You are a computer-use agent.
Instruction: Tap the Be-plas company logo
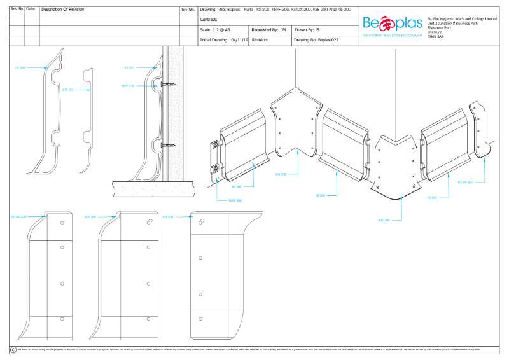pos(393,24)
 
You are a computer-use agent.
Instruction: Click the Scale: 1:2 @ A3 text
pos(215,30)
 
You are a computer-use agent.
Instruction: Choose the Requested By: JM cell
pos(269,30)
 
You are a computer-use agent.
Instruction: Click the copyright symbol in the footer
pos(13,349)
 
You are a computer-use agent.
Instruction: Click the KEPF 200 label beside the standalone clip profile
pos(67,90)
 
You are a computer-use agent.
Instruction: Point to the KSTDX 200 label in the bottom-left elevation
pos(18,216)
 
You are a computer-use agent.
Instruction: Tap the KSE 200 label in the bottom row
pos(90,216)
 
